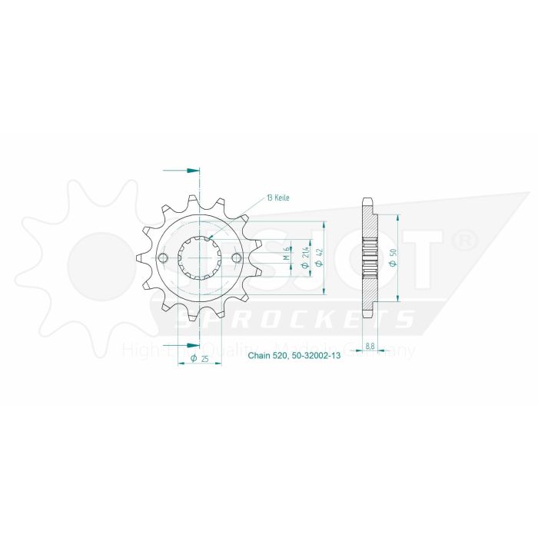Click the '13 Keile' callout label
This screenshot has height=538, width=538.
[278, 199]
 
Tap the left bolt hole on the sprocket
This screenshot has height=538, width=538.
[163, 257]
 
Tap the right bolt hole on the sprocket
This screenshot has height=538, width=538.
[236, 257]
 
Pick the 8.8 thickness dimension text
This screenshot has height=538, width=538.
[370, 347]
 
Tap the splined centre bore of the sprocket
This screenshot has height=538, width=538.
[200, 257]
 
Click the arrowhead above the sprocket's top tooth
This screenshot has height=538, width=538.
[192, 170]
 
